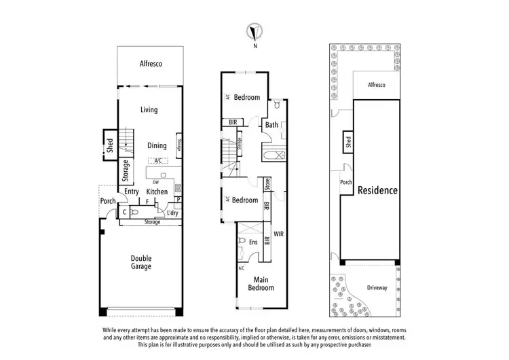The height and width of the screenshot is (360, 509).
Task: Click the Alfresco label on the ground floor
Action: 149,64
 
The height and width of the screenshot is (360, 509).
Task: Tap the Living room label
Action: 149,110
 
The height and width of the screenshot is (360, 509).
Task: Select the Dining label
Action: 157,145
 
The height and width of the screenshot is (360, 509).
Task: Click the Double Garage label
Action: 141,262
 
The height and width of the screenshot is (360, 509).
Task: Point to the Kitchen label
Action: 157,192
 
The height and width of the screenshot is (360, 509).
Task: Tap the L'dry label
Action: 172,213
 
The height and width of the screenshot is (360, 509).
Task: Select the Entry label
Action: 132,192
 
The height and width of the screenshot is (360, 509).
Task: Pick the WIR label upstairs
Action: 278,234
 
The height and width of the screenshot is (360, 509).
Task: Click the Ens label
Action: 253,242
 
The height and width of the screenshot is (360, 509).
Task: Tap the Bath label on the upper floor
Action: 271,125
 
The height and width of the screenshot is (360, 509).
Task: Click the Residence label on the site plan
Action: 378,190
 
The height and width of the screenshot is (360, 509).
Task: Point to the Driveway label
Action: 377,287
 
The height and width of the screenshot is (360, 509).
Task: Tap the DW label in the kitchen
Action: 155,182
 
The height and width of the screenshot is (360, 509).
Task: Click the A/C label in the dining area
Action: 157,161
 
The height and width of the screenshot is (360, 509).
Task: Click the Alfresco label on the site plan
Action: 377,85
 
